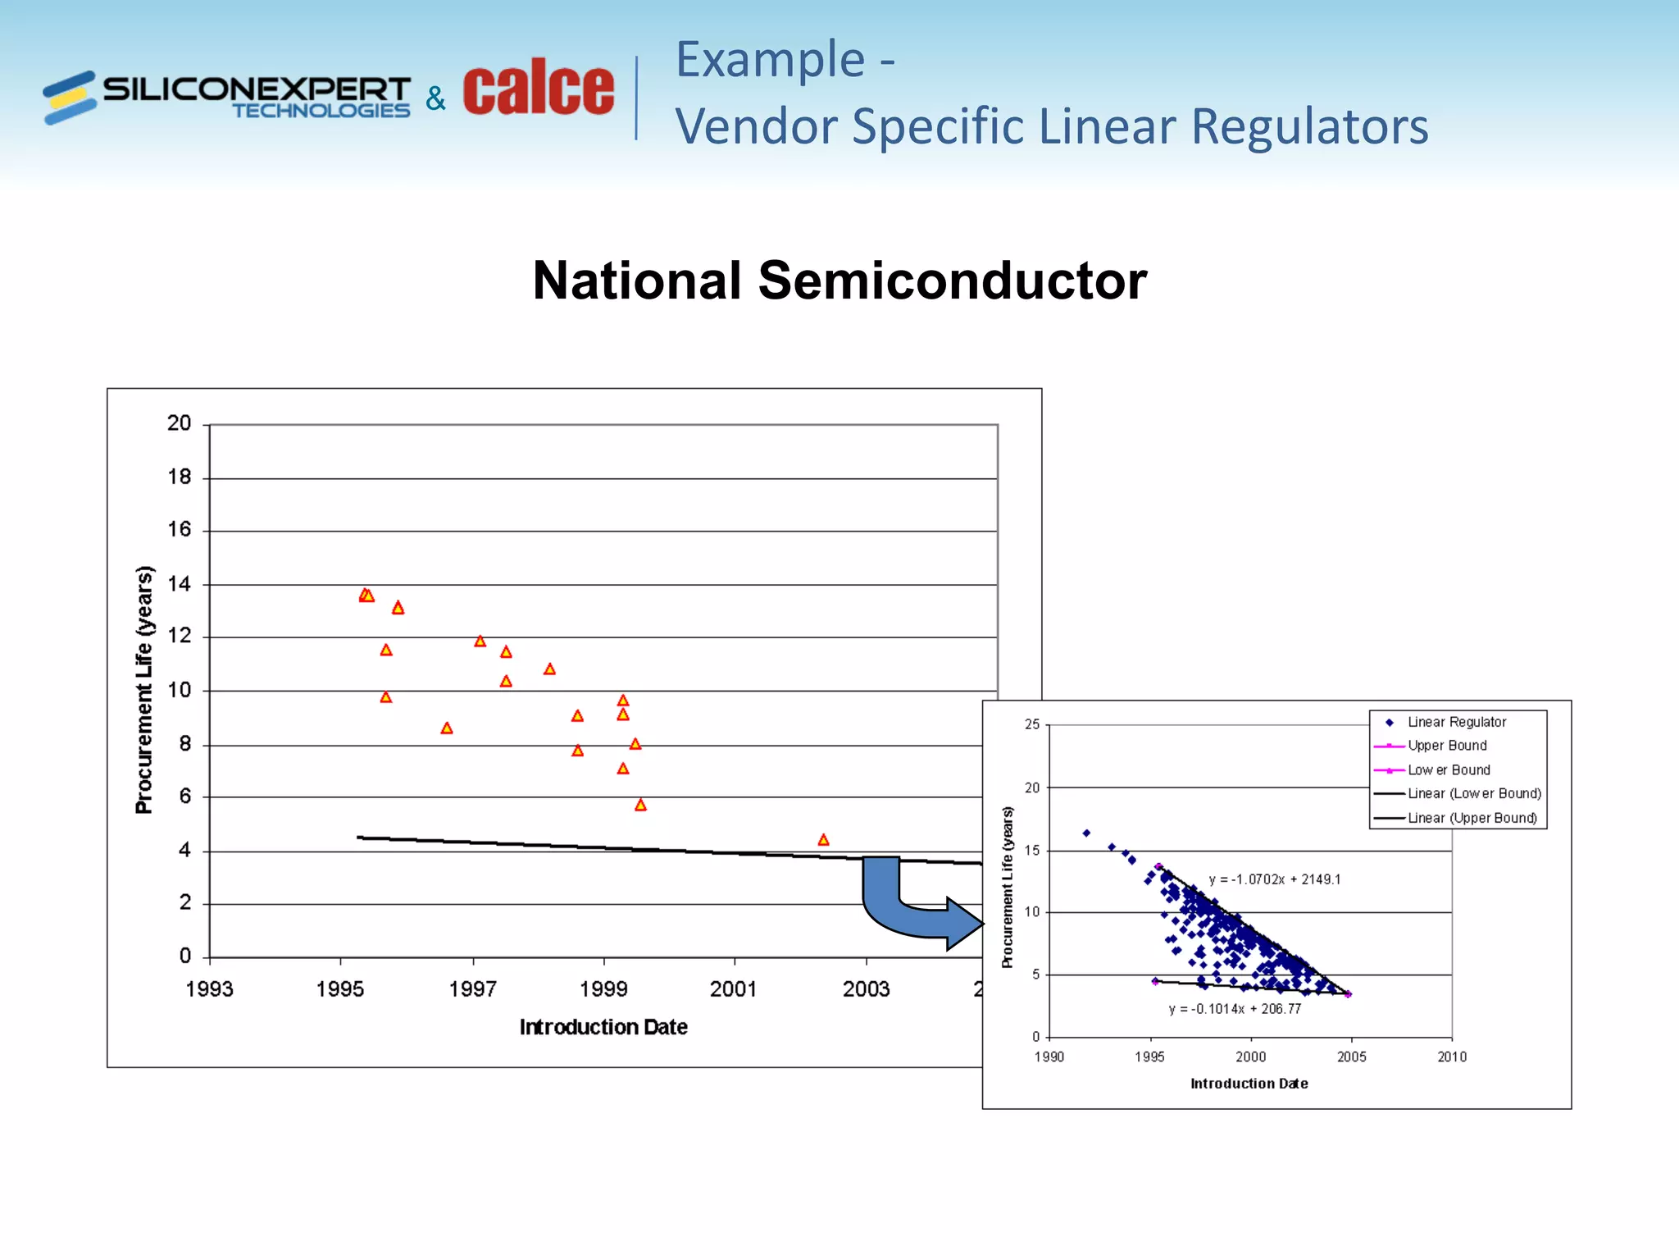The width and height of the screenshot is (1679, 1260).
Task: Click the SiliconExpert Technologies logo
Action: click(227, 97)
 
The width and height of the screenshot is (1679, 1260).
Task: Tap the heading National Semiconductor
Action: click(839, 281)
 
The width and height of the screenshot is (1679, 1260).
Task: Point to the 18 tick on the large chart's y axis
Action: click(180, 477)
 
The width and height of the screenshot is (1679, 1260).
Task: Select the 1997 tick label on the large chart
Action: click(472, 989)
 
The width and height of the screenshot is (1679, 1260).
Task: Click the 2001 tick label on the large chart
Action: click(734, 989)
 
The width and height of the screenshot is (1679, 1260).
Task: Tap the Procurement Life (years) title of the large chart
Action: click(144, 689)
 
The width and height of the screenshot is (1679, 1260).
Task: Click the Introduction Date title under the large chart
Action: click(603, 1027)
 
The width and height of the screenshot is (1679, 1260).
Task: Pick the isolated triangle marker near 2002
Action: click(824, 840)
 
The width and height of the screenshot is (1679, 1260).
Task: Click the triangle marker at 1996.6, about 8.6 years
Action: click(447, 728)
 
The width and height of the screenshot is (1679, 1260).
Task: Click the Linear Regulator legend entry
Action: click(1456, 723)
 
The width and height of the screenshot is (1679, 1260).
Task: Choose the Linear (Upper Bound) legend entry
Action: click(1472, 818)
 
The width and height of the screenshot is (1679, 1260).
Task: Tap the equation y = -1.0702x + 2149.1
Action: click(1275, 879)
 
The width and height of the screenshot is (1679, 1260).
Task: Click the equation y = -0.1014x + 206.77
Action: click(1235, 1009)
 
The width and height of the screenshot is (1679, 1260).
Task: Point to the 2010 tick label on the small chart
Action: click(1452, 1057)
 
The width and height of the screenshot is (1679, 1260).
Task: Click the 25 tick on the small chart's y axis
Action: click(1032, 724)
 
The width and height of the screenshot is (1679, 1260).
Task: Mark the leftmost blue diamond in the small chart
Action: click(1086, 833)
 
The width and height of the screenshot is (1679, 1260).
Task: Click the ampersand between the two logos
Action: click(435, 99)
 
